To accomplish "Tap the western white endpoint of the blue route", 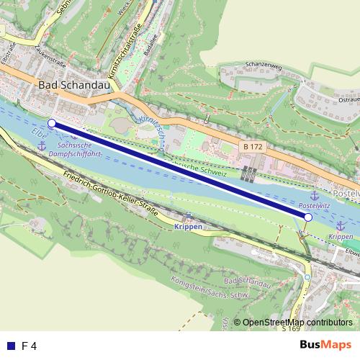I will click(51, 123).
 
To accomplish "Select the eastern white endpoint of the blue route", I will click(307, 217).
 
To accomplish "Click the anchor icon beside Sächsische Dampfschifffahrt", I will click(41, 147).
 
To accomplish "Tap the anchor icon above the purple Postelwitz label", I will click(314, 196).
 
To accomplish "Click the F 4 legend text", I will click(29, 346).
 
